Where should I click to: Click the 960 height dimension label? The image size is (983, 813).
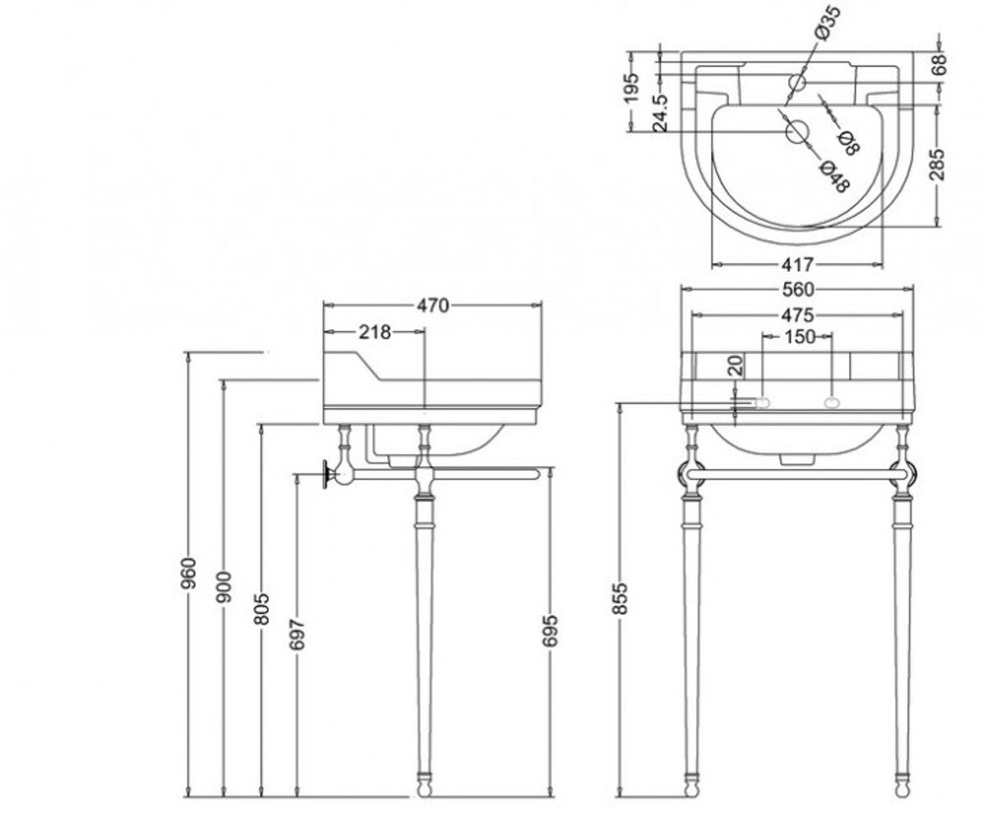(189, 573)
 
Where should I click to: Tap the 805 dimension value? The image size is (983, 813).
(261, 608)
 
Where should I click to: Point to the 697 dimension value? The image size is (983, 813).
(297, 635)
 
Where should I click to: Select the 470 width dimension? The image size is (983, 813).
(433, 306)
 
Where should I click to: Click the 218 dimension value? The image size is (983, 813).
(374, 332)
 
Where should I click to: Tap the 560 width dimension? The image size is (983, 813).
(796, 289)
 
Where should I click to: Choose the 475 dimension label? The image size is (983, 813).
(796, 315)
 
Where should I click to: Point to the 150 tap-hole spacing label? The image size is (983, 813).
(799, 336)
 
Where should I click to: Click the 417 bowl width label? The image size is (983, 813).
(796, 265)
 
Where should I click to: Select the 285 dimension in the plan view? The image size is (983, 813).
(939, 164)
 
